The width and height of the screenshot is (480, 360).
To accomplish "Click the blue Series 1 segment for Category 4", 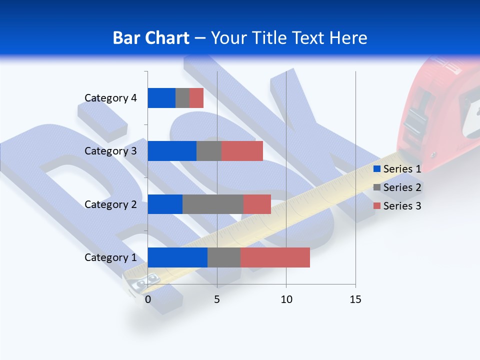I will [x=161, y=98].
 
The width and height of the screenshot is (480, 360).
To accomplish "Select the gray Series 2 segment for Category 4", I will [x=182, y=98].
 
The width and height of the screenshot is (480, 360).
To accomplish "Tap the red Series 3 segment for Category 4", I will [x=196, y=98].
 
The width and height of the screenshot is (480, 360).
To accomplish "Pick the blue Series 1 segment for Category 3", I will [x=172, y=151].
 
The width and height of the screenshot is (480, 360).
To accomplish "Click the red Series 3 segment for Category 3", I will [x=242, y=151].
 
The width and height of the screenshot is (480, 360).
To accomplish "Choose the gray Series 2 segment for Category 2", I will [x=213, y=204].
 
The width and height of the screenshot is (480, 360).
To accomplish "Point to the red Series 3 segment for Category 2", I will [x=257, y=204].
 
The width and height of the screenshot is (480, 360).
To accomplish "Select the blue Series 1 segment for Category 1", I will [x=177, y=257].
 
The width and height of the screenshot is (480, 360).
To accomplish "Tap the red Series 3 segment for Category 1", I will [x=275, y=257].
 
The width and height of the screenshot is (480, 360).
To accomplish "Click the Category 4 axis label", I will [x=110, y=98].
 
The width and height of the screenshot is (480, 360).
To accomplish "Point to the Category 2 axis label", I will [x=110, y=204].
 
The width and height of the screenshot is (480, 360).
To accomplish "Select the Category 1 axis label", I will [x=110, y=257].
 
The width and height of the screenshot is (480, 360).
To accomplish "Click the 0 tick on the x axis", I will [x=148, y=299].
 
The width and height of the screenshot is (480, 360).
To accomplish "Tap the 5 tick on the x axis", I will [x=217, y=299].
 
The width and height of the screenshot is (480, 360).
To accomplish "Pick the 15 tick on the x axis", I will [x=355, y=299].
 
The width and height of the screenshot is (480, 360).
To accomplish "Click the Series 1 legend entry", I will [x=397, y=169].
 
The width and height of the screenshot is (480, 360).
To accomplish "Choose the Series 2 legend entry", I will [x=397, y=187].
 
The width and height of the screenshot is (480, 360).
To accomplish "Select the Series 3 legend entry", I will [x=397, y=206].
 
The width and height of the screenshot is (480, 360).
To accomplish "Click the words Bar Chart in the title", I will [x=151, y=38].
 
